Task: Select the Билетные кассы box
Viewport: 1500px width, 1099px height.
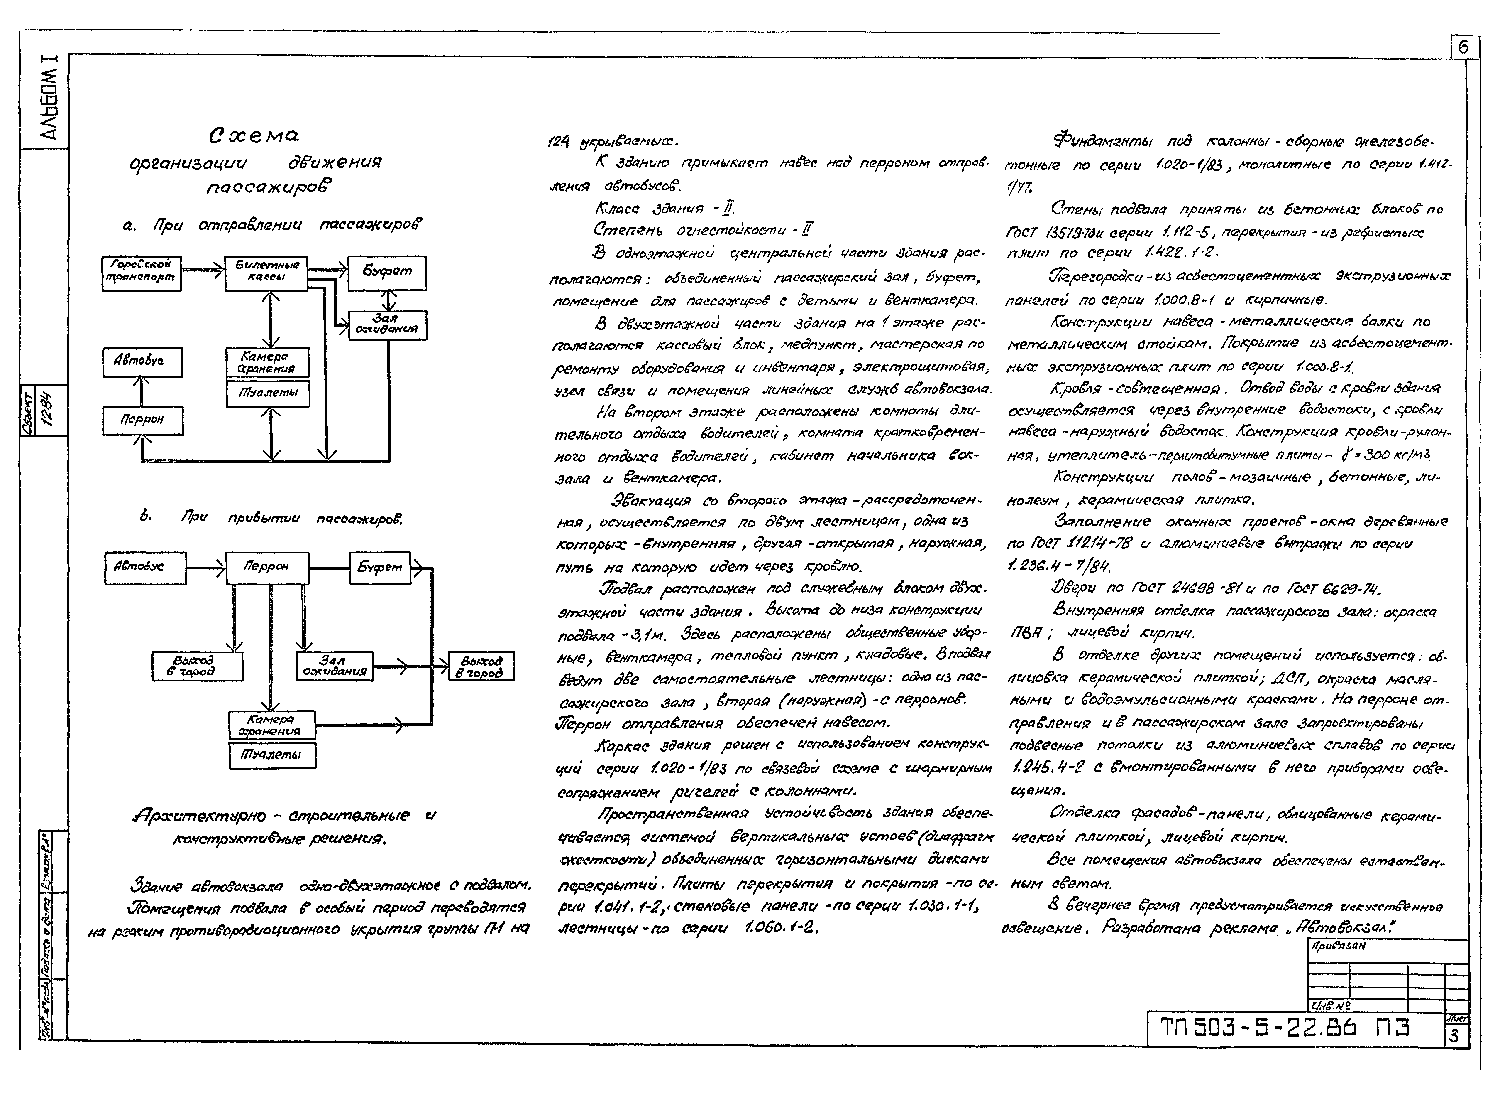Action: tap(266, 272)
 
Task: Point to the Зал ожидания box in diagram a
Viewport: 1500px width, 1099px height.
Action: tap(387, 325)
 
